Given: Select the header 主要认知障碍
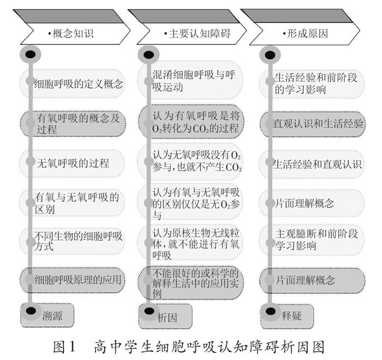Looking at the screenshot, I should (x=196, y=34).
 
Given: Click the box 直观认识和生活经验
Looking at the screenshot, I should (x=319, y=123).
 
